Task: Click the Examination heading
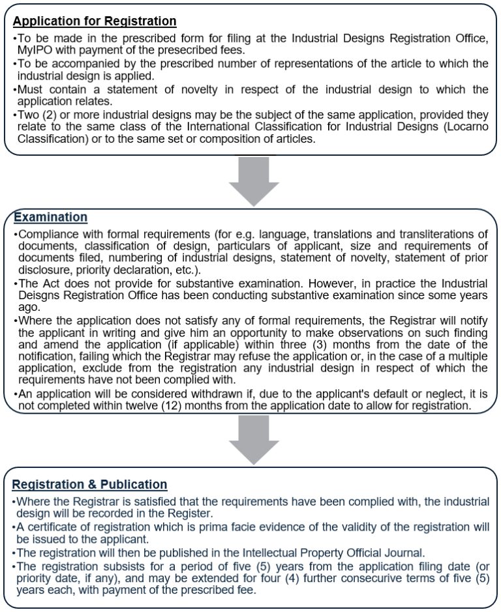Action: (51, 217)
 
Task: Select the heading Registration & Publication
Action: (90, 485)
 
